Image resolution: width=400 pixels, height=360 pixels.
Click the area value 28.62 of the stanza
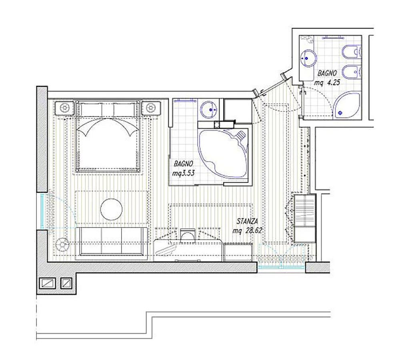coord(254,230)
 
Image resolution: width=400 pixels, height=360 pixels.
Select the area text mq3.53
coord(184,173)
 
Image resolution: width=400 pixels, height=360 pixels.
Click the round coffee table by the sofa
coord(111,209)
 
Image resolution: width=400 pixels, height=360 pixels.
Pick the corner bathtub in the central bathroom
coord(223,154)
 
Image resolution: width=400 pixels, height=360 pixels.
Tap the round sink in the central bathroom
coord(210,110)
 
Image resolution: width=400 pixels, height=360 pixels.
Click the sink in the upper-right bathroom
coord(308,58)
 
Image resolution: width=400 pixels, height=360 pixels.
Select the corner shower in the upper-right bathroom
coord(347,106)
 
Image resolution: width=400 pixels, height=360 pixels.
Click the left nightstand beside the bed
coord(65,108)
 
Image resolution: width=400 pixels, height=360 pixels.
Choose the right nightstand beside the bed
coord(151,108)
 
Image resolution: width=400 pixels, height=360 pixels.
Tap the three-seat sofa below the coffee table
coord(112,241)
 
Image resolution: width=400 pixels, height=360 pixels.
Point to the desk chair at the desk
coord(188,235)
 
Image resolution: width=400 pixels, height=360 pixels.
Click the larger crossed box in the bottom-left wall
coord(48,283)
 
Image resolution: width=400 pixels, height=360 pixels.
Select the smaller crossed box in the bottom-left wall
coord(66,283)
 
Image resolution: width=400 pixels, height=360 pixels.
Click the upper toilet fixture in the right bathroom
coord(351,52)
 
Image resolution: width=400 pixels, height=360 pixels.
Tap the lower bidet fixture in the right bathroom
coord(351,72)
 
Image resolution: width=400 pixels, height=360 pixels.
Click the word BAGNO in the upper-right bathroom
coord(327,73)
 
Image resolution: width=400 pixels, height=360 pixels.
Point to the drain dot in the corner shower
coord(340,112)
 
